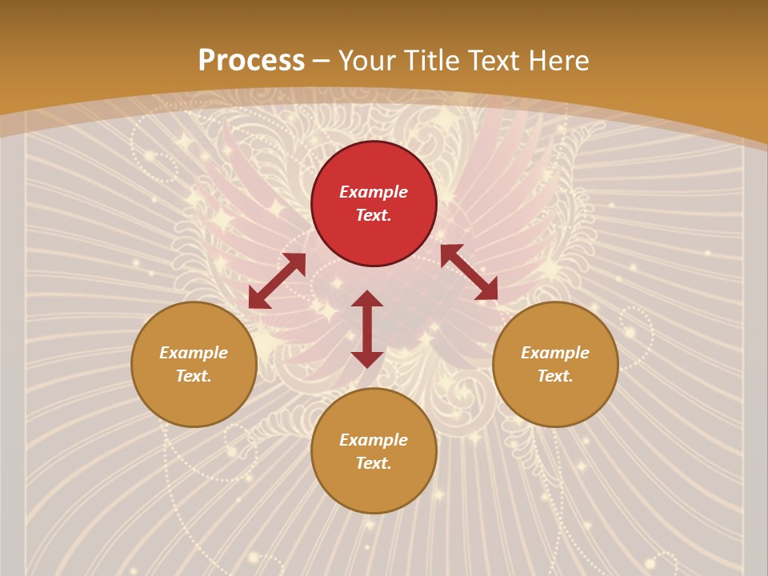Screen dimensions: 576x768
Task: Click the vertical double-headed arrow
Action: [367, 329]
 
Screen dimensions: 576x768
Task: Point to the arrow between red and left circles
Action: [277, 281]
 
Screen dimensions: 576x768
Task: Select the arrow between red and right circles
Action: [469, 272]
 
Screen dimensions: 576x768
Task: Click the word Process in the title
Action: [251, 61]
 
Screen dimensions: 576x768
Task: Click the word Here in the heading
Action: [558, 61]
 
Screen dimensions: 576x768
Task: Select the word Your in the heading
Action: [366, 61]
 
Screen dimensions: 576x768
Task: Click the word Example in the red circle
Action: [374, 192]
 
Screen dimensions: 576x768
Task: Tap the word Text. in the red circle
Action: [374, 215]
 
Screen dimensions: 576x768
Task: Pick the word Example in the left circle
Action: [194, 353]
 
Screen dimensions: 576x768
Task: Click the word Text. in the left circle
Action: [194, 376]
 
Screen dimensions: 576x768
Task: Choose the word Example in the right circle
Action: [555, 353]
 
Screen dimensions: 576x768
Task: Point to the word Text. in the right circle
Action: [555, 376]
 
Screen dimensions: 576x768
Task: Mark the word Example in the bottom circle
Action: [374, 440]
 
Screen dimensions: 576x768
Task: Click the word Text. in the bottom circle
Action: [374, 463]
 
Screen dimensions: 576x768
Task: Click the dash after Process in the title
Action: [322, 62]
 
